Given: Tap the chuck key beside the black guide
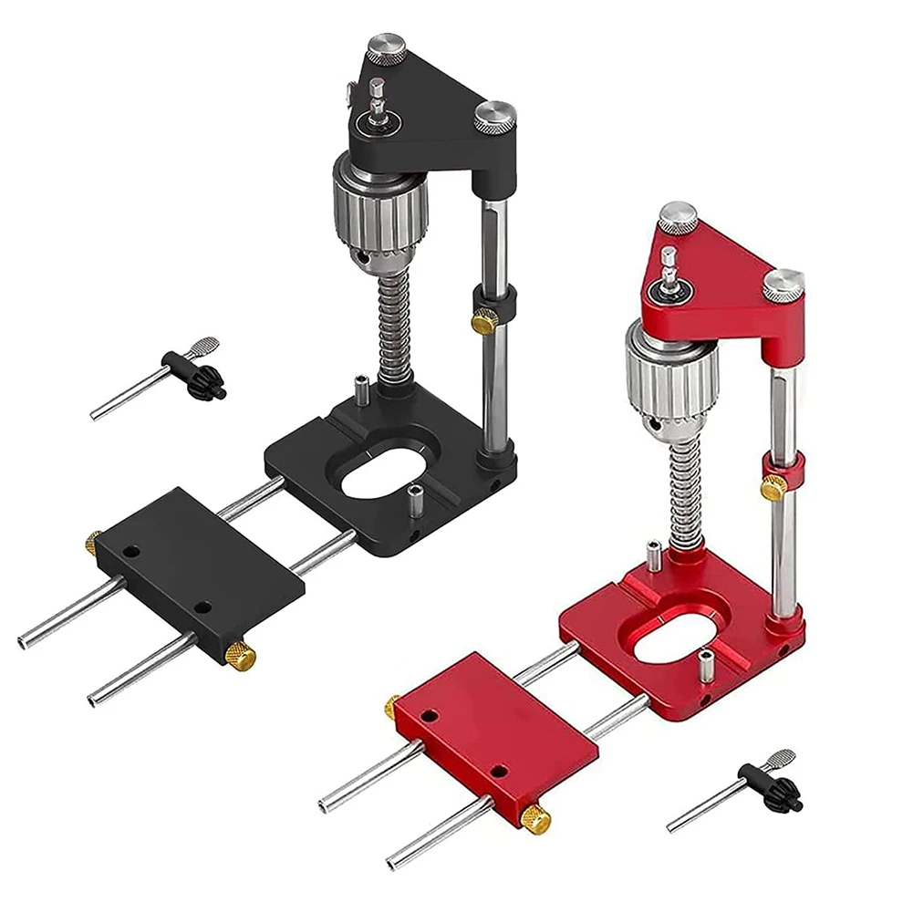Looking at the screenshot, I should pos(169,374).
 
